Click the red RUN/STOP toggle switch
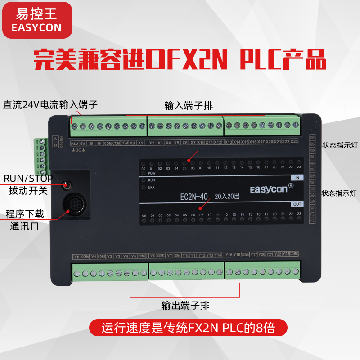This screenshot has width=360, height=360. pyautogui.click(x=66, y=184)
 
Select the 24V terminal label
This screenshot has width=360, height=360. pyautogui.click(x=75, y=143)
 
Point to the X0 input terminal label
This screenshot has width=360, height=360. pyautogui.click(x=132, y=143)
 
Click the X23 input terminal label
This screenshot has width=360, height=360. pyautogui.click(x=294, y=142)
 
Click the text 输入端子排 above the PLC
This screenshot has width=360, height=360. pyautogui.click(x=189, y=106)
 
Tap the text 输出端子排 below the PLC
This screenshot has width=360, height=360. pyautogui.click(x=185, y=306)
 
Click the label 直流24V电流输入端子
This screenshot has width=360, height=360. pyautogui.click(x=50, y=105)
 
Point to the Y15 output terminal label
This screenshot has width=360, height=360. pyautogui.click(x=229, y=255)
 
